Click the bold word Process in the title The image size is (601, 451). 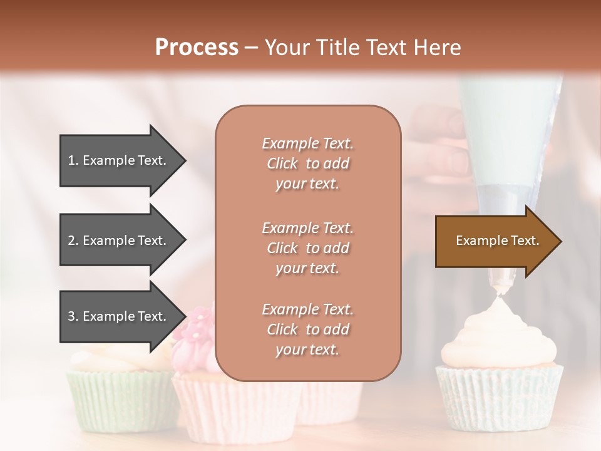(197, 47)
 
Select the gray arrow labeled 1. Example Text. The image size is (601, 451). (119, 160)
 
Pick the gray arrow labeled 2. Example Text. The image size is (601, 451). (119, 241)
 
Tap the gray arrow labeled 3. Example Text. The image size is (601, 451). (119, 316)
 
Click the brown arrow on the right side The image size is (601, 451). (495, 241)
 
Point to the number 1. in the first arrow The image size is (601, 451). (73, 160)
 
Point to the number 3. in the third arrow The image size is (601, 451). (73, 316)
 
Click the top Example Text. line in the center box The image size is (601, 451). (307, 143)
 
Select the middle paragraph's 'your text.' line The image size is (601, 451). (307, 268)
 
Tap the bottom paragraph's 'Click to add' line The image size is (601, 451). (307, 329)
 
